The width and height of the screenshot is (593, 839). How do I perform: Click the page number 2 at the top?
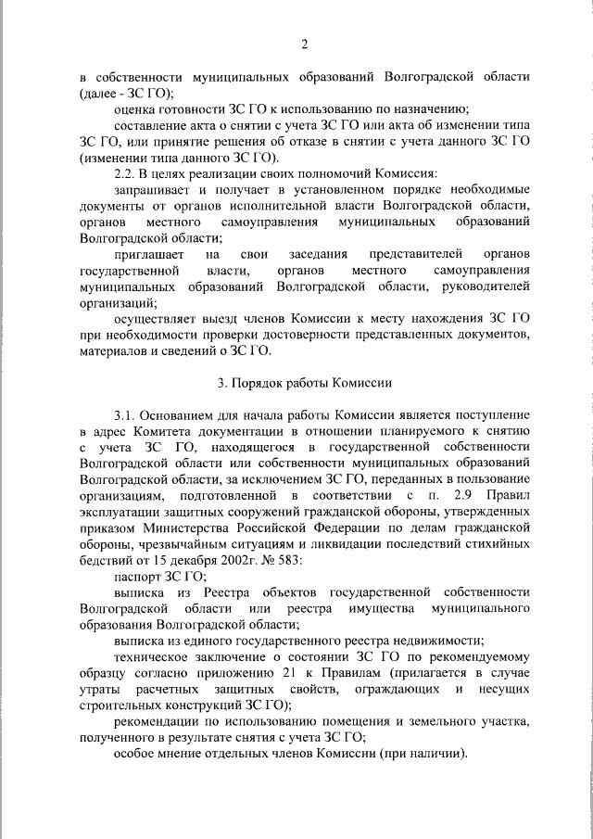coord(304,42)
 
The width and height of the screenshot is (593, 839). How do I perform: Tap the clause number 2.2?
coord(124,173)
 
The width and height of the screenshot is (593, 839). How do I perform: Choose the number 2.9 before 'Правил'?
coord(465,496)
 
